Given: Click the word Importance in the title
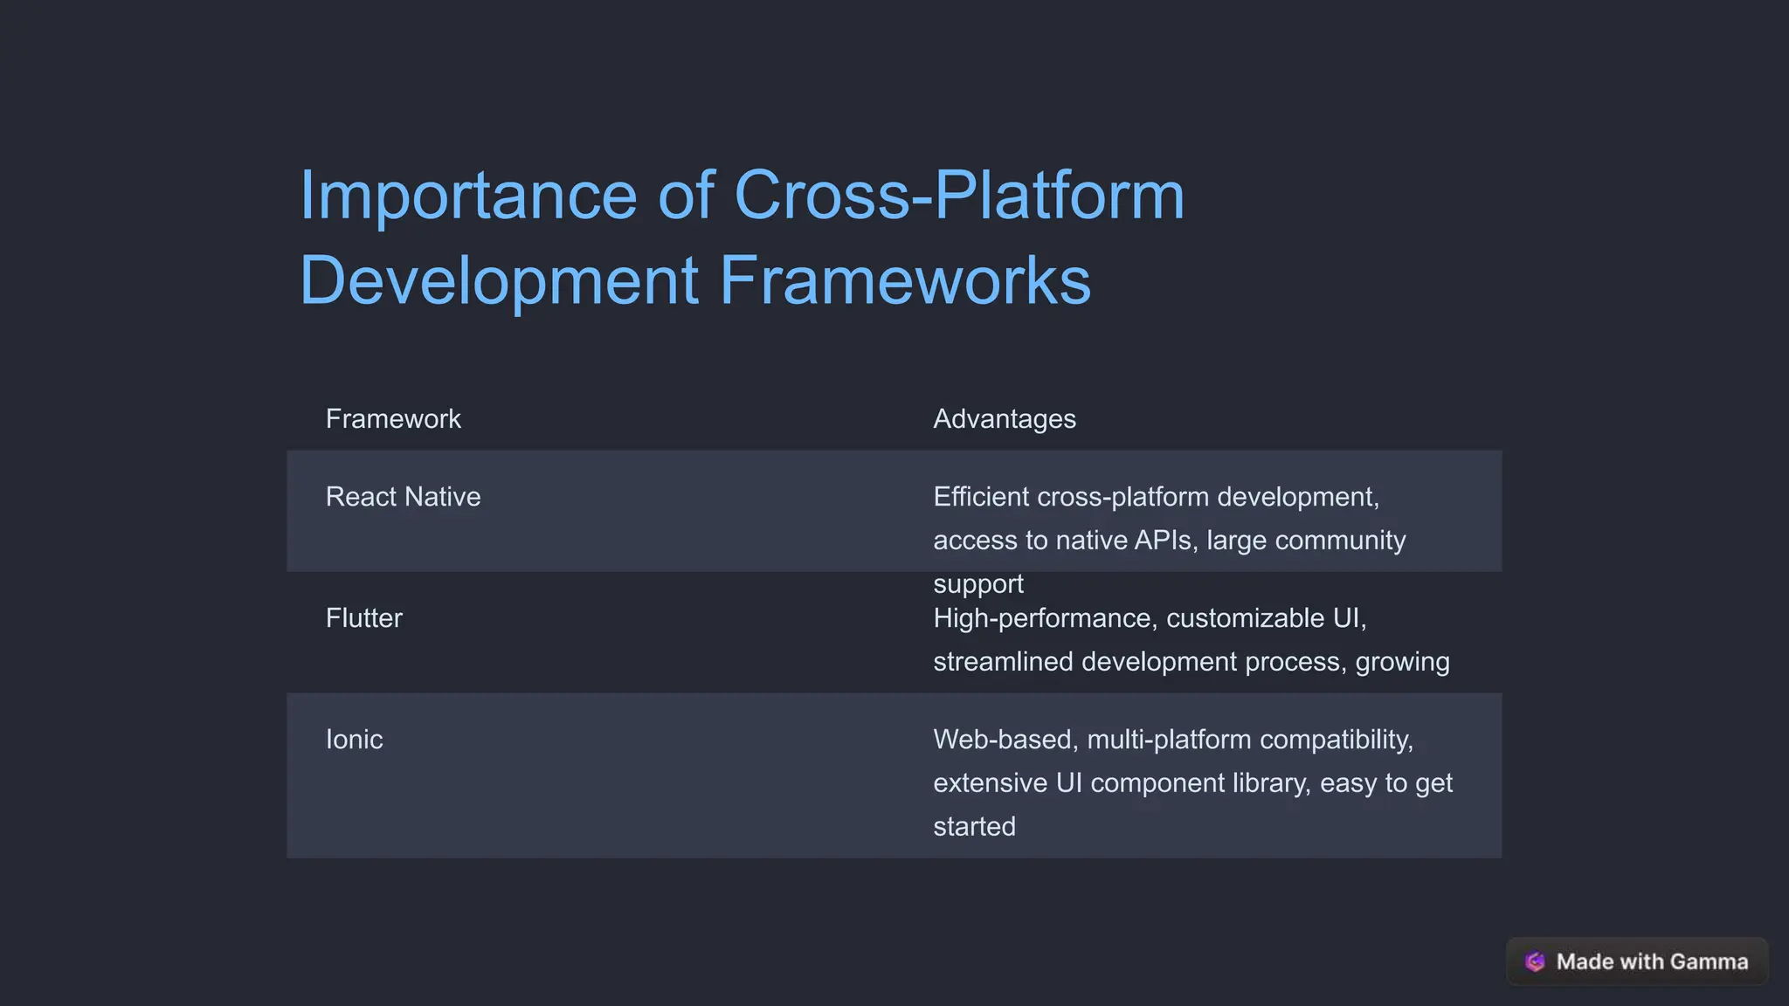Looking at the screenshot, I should coord(468,196).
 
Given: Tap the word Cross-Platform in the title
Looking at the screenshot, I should coord(959,196).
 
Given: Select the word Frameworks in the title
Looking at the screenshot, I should coord(905,281).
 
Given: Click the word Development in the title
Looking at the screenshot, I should coord(499,281).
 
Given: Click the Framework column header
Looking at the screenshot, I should coord(393,419).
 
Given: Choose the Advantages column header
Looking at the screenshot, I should coord(1004,419).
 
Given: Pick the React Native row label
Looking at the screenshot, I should coord(403,497).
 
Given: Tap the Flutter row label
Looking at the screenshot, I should coord(363,618).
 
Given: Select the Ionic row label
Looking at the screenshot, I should coord(354,740).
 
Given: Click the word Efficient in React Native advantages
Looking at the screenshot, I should coord(981,497).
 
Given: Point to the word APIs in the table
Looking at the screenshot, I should coord(1163,541).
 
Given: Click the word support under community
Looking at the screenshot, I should coord(977,583).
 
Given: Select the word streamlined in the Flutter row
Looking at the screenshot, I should coord(1003,662).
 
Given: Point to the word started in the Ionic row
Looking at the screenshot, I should coord(974,826).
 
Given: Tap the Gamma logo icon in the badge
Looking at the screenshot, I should coord(1535,961).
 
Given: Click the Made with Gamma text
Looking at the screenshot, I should coord(1652,961).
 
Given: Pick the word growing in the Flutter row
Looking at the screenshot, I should coord(1402,662).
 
